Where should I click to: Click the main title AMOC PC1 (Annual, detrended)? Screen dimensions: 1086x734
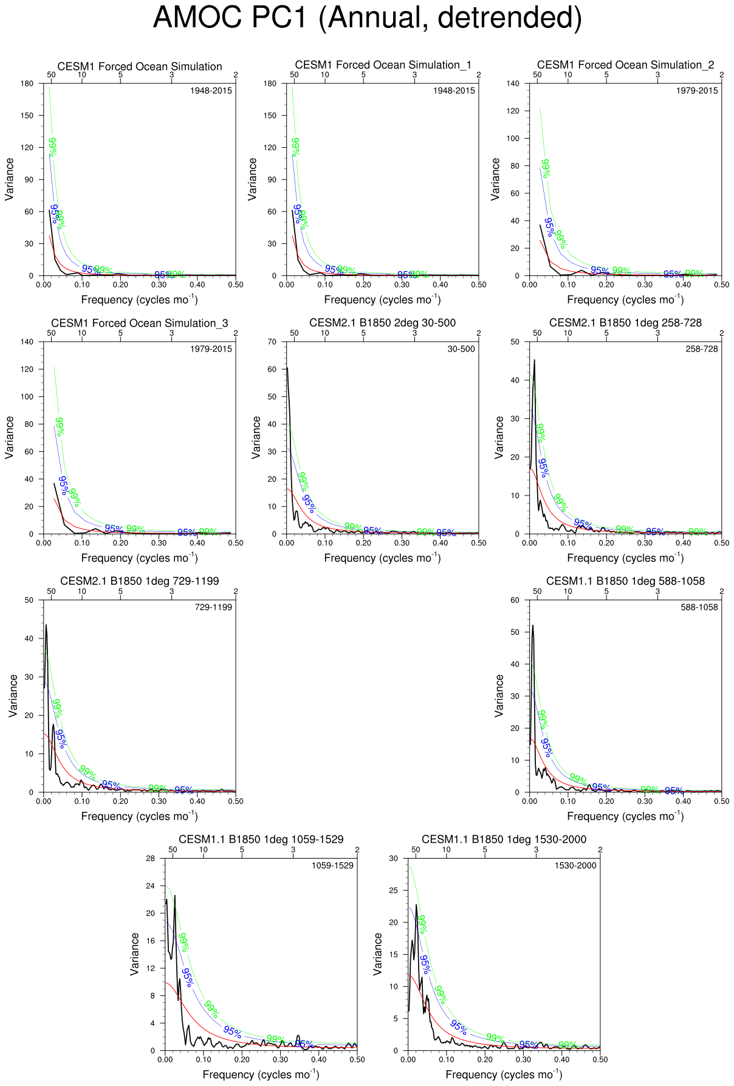[367, 17]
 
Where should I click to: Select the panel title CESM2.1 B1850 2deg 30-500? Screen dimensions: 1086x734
[382, 323]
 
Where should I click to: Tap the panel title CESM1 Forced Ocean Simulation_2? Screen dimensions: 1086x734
[625, 65]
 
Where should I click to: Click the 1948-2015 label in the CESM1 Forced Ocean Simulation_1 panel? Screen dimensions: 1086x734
[454, 91]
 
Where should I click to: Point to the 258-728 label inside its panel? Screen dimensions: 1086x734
[702, 349]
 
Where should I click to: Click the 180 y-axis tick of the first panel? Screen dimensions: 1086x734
[27, 83]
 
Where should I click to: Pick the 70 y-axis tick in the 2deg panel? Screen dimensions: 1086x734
[272, 342]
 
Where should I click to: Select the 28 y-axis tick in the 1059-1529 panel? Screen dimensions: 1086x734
[150, 858]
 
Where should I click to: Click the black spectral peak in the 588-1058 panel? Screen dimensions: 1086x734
[533, 625]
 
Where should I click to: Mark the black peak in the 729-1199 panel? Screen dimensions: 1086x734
[46, 625]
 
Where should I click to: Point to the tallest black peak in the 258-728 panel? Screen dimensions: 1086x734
[534, 360]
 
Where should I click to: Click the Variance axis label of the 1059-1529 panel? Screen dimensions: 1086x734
[135, 954]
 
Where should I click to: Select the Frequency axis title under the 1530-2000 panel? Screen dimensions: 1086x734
[504, 1074]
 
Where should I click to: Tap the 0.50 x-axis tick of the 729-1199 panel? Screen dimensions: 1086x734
[235, 801]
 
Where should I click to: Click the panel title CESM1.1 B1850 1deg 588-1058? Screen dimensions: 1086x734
[625, 581]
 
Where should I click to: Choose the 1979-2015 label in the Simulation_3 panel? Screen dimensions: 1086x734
[211, 349]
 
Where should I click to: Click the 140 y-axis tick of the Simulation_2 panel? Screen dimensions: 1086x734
[513, 83]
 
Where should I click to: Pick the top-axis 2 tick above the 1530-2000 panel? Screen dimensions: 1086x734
[600, 849]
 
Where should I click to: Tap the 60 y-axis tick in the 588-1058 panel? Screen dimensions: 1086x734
[515, 600]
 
